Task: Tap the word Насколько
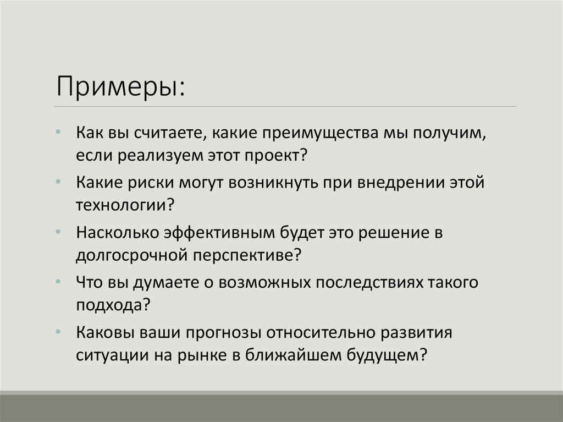click(116, 232)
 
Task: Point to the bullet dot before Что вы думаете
click(59, 281)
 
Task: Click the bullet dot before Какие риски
click(59, 182)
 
